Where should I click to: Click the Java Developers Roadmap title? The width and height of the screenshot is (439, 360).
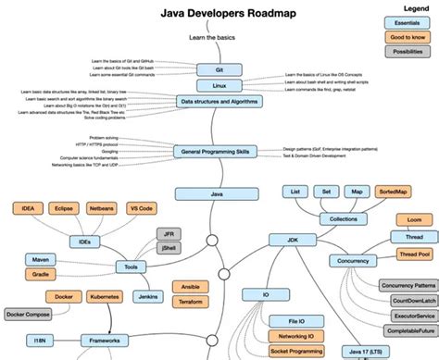tap(219, 14)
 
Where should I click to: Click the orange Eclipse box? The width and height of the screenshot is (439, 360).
tap(64, 209)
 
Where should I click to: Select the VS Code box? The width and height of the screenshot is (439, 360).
tap(140, 209)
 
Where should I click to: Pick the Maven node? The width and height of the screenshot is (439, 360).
tap(39, 259)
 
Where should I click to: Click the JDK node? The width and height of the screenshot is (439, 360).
tap(282, 239)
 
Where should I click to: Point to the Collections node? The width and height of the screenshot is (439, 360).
tap(337, 219)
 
